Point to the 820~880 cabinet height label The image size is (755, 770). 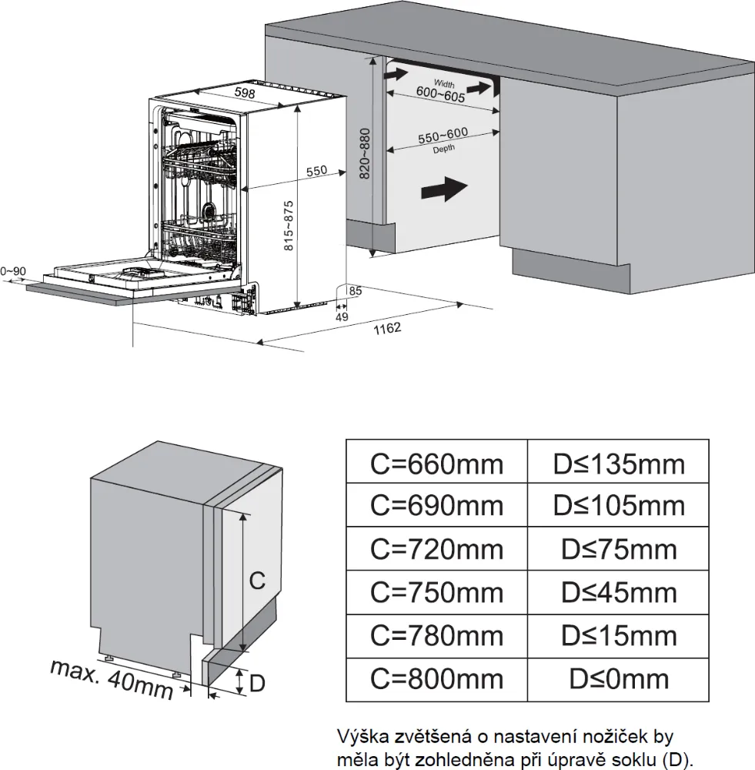click(365, 153)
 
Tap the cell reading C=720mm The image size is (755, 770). click(436, 549)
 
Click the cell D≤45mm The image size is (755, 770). click(618, 592)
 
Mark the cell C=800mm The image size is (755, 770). click(436, 678)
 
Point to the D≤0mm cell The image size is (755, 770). click(618, 678)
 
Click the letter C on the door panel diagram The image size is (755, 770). click(258, 581)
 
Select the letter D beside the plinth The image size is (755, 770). click(258, 681)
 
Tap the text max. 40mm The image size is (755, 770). click(112, 678)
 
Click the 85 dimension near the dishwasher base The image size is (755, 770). click(355, 291)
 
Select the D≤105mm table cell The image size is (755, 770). click(618, 506)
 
